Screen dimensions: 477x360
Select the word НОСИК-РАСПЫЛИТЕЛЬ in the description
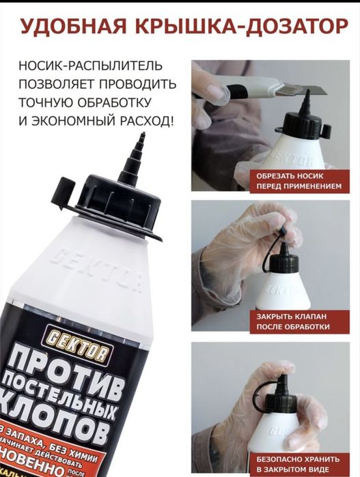click(x=91, y=67)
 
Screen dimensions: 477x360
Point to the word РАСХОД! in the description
click(x=144, y=121)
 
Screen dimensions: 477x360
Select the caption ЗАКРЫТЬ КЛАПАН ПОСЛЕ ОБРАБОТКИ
click(x=293, y=321)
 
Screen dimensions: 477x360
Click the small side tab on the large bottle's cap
click(x=64, y=186)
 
